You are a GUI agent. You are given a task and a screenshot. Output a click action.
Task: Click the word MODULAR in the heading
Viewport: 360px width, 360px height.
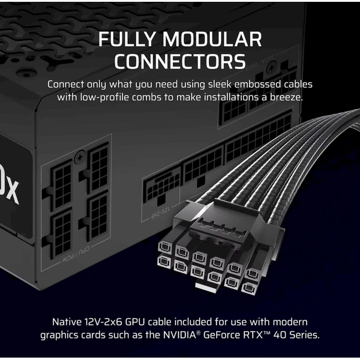click(212, 39)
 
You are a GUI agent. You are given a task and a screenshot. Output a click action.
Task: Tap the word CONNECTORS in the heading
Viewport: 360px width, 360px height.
click(180, 61)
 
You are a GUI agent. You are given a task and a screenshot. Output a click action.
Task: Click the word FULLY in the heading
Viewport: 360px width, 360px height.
click(128, 39)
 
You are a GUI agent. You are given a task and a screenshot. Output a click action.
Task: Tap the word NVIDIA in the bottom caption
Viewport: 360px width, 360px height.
click(179, 335)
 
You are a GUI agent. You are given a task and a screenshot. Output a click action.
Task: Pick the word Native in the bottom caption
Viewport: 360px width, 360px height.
click(67, 322)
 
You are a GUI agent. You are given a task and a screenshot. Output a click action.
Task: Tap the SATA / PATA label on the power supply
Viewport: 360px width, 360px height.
click(260, 62)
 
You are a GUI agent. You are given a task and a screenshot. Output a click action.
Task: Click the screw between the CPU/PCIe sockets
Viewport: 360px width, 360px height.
click(80, 157)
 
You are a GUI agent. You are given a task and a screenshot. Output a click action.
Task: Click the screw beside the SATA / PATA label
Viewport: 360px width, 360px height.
click(271, 68)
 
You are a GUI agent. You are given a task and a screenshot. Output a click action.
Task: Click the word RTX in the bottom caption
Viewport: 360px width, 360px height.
click(253, 335)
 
